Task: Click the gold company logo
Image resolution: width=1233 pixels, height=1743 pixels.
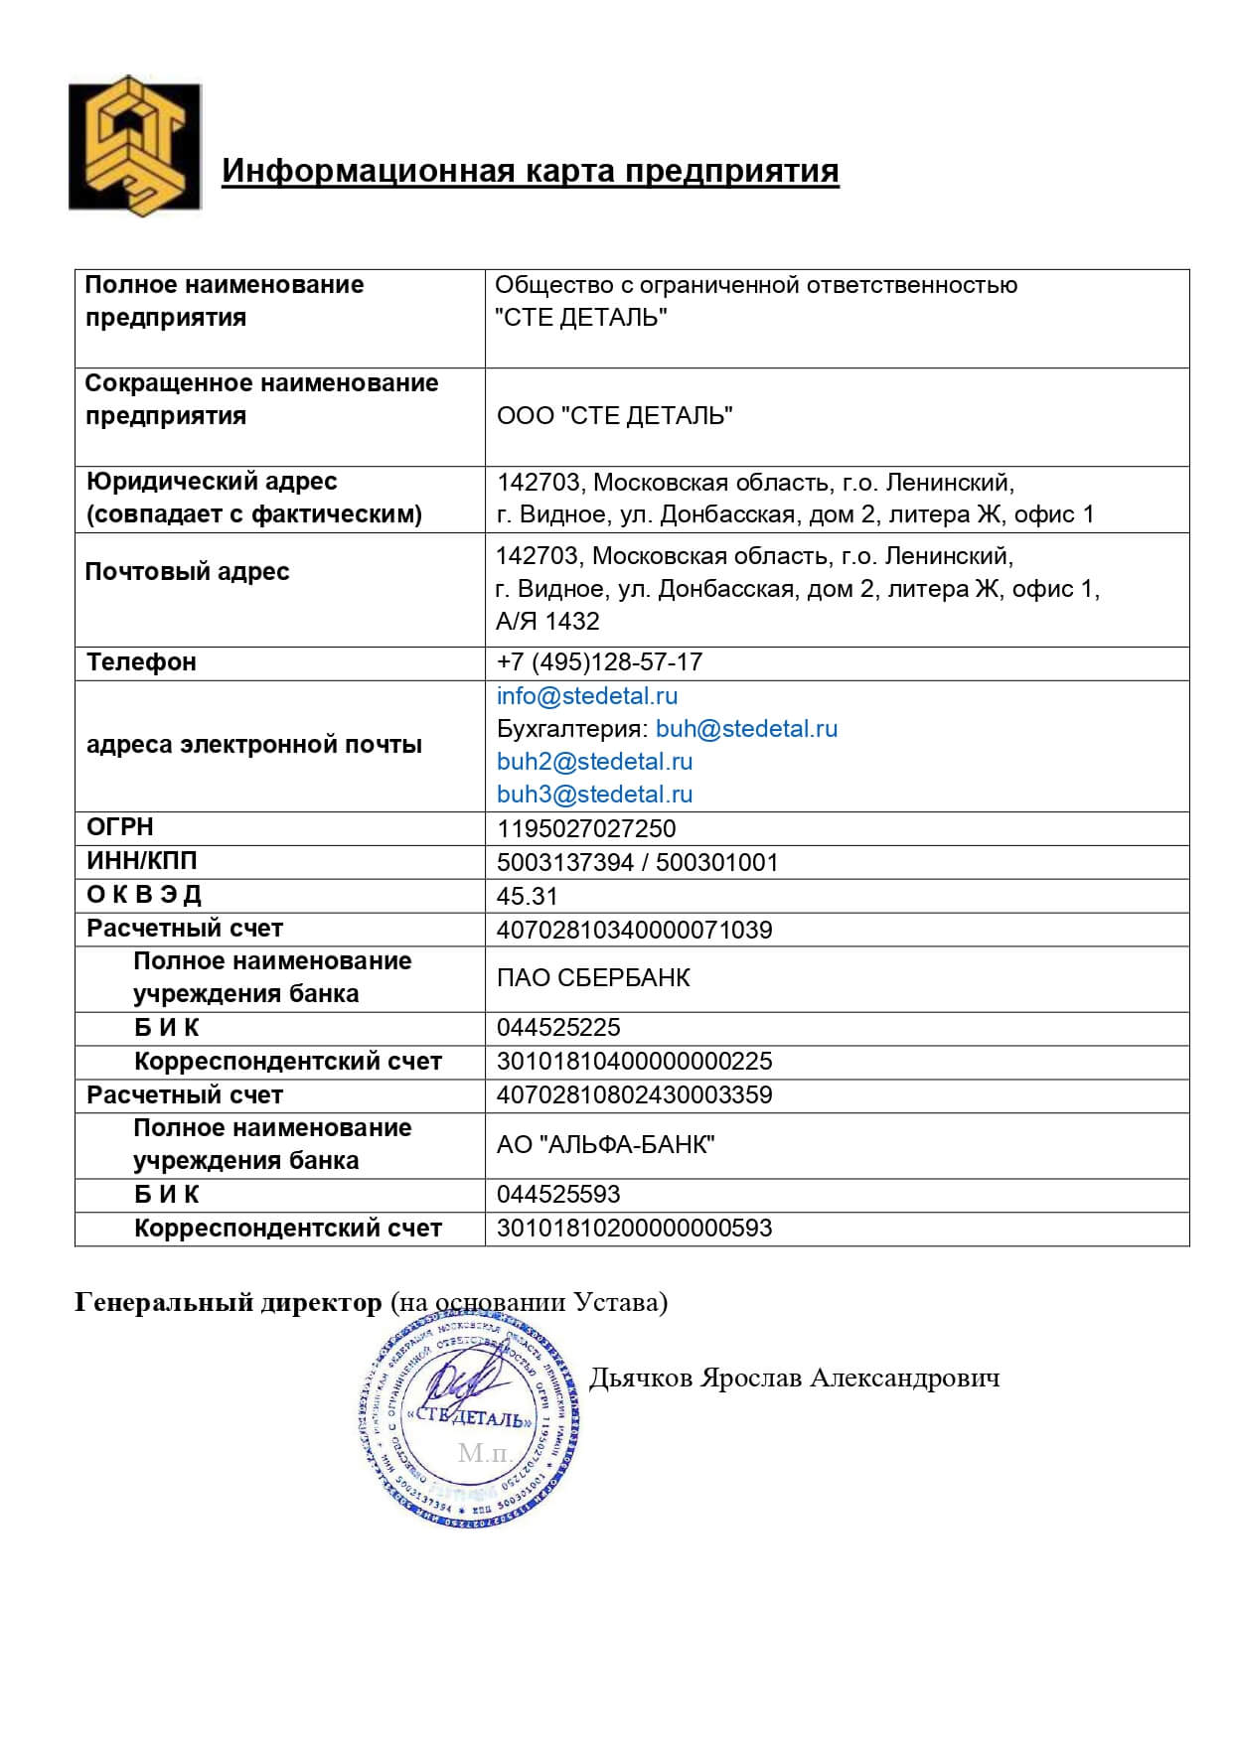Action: click(x=134, y=146)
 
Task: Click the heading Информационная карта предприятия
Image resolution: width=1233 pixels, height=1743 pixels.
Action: click(x=530, y=171)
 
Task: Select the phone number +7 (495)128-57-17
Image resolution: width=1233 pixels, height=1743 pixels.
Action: click(x=599, y=662)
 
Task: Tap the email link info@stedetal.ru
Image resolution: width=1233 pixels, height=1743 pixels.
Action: click(x=586, y=696)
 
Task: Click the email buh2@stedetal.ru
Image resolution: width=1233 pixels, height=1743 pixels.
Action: click(x=594, y=762)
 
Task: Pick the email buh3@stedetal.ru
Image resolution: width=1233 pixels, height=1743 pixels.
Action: click(x=594, y=795)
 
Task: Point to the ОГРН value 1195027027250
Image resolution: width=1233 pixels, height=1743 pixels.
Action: click(x=585, y=829)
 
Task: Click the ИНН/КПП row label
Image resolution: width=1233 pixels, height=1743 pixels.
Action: click(x=141, y=861)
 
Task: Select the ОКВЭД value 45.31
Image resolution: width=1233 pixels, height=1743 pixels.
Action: click(x=527, y=896)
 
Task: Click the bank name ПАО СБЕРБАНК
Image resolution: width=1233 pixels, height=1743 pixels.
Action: click(x=592, y=978)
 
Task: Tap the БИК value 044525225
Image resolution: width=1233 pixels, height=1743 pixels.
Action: click(x=557, y=1028)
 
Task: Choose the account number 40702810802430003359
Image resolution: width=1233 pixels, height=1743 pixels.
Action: click(x=634, y=1095)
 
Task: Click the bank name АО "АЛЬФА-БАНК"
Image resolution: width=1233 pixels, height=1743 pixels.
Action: click(x=605, y=1145)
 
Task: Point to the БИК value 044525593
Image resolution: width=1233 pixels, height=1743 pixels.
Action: click(x=557, y=1195)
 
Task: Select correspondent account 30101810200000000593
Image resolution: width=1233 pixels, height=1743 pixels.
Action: click(x=634, y=1229)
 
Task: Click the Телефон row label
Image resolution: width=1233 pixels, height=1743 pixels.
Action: click(x=141, y=662)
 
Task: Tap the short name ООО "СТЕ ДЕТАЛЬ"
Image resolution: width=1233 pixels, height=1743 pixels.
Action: click(x=614, y=416)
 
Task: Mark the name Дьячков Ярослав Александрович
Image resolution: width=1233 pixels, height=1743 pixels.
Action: click(x=794, y=1379)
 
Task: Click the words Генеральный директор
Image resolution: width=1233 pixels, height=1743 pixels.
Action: click(x=228, y=1302)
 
